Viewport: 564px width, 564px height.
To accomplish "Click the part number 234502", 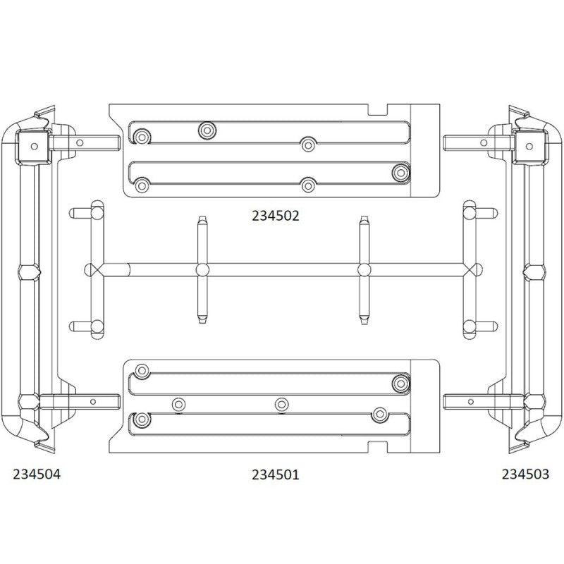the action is pos(275,216).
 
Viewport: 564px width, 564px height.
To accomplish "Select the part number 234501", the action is pos(275,474).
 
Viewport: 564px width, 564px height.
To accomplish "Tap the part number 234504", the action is pos(37,474).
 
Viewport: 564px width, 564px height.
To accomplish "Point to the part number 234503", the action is pos(525,474).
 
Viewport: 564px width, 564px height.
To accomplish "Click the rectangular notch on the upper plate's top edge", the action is pos(378,109).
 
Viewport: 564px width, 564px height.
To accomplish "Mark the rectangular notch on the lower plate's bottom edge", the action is pos(378,447).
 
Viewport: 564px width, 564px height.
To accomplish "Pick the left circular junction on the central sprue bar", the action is pos(202,270).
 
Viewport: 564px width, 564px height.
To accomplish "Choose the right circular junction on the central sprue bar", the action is pos(364,270).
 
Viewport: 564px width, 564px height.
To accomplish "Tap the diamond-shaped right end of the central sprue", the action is pos(473,270).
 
